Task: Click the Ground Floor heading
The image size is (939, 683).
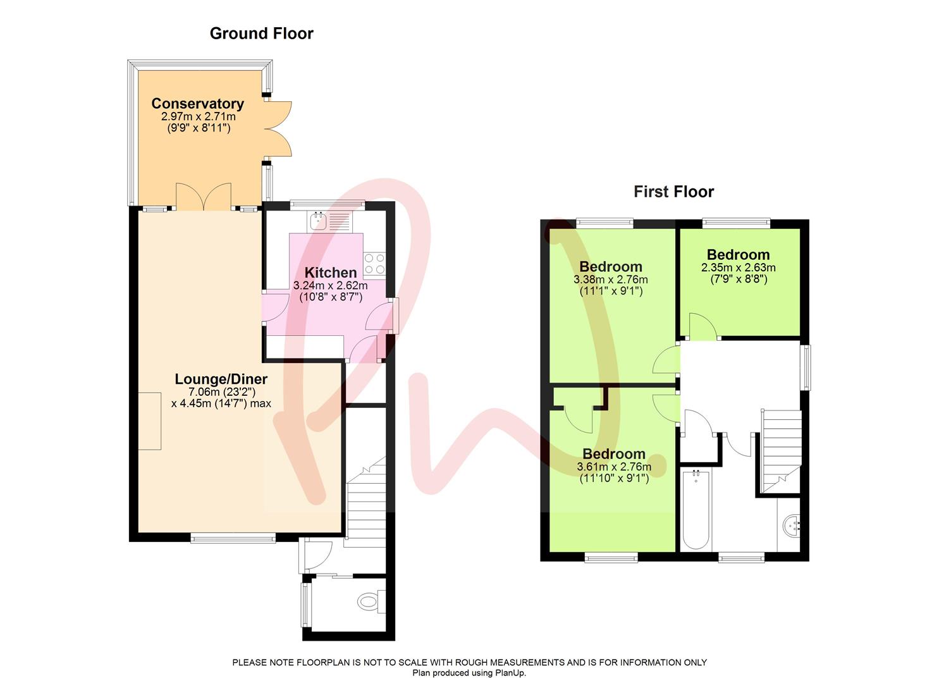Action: [x=261, y=34]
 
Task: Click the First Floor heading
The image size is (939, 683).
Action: [x=673, y=192]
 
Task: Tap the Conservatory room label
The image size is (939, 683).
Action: [x=197, y=104]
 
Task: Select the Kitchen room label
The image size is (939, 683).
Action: [x=331, y=273]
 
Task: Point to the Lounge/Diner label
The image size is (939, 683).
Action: [x=221, y=379]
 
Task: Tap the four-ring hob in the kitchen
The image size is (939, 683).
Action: [x=374, y=263]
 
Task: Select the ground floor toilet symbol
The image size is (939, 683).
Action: [x=369, y=600]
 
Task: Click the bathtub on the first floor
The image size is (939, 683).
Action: [x=696, y=509]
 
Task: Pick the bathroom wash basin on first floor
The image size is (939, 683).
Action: [x=792, y=524]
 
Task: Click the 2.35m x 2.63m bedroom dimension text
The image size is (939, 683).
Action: [x=738, y=268]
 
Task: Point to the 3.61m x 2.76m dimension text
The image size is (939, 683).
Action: [x=613, y=467]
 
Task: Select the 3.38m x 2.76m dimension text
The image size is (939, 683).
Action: [x=610, y=280]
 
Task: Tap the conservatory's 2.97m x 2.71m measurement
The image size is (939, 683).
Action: [x=198, y=117]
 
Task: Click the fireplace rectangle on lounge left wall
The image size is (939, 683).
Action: [x=150, y=421]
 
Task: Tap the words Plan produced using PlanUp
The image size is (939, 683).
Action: [x=469, y=673]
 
